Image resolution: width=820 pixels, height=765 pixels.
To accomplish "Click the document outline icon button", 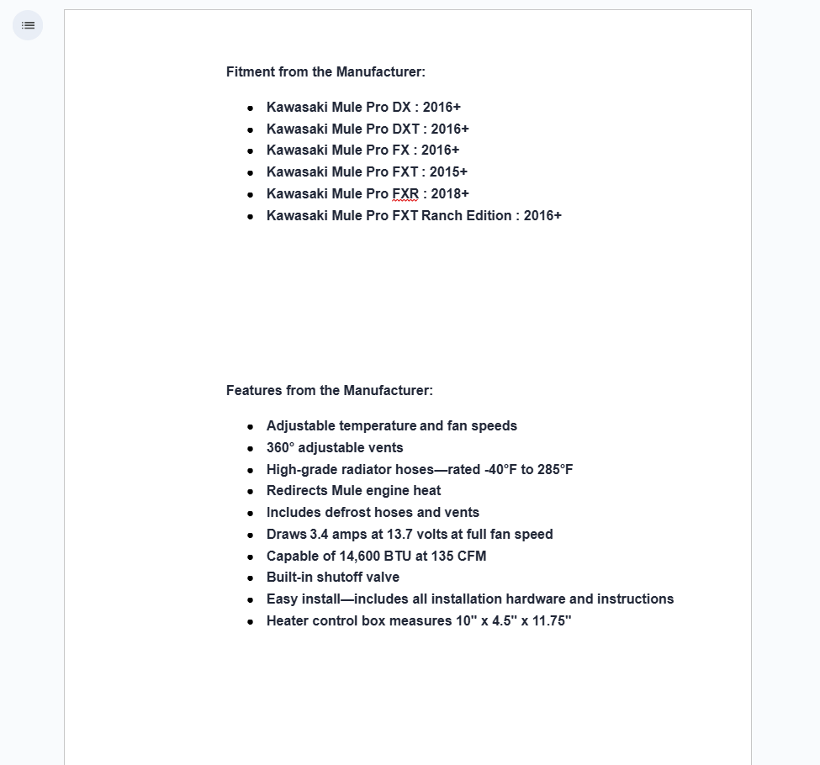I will (28, 25).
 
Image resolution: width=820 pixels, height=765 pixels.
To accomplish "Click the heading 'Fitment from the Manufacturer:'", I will (325, 72).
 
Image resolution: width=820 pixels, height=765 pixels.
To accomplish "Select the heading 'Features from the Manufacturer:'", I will (329, 391).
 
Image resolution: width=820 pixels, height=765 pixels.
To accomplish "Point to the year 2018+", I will (450, 194).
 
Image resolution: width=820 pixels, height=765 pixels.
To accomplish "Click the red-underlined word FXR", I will (405, 194).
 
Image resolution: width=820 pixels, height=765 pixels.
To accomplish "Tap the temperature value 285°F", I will (555, 470).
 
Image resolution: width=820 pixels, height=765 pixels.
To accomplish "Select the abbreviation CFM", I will (471, 557).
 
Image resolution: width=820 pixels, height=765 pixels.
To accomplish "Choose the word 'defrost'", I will (347, 513).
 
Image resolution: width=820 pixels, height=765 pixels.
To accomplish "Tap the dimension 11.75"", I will (552, 621).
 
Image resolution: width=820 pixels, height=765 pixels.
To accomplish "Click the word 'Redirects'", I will (297, 491).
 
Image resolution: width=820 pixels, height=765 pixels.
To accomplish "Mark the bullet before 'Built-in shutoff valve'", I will (251, 578).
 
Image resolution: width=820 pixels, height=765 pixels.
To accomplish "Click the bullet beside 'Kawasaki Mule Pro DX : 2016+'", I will (251, 108).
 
